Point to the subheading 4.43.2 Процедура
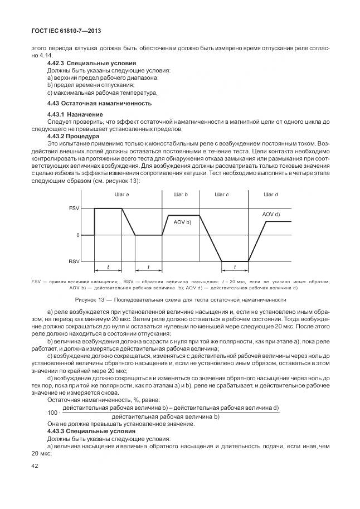click(x=73, y=135)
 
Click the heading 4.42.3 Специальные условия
click(x=91, y=63)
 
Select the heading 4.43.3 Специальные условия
click(x=91, y=431)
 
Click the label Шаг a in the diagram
click(x=121, y=195)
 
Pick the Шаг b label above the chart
click(x=181, y=195)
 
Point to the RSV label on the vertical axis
click(x=74, y=261)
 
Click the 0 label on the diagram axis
click(x=77, y=235)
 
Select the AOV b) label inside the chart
click(x=182, y=222)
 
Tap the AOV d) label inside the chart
click(x=271, y=214)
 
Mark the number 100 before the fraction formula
click(x=53, y=413)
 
